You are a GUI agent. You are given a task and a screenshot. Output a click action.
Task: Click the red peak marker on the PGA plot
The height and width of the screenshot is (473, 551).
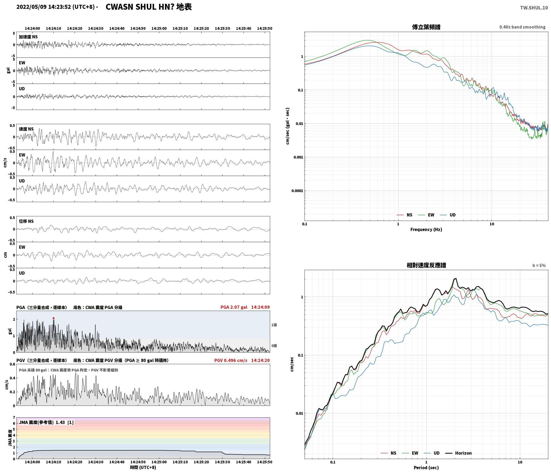coord(53,318)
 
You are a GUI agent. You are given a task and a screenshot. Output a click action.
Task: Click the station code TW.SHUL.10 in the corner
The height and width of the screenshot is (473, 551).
coord(534,8)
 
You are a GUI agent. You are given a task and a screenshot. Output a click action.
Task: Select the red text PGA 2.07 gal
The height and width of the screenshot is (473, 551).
coord(234,307)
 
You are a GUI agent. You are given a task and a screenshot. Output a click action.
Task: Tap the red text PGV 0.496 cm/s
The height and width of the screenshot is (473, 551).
coord(231,360)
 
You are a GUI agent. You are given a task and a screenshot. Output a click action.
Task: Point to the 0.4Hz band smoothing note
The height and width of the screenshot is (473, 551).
coord(522,27)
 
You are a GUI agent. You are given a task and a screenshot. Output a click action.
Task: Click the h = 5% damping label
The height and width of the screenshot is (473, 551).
coord(539,266)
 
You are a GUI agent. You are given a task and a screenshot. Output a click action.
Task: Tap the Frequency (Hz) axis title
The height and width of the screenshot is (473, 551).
coord(426,230)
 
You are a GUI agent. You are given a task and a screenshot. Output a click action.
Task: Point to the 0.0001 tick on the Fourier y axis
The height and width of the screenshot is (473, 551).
coord(297,191)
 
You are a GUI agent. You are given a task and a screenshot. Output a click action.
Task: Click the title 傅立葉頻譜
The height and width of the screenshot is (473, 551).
coord(426,27)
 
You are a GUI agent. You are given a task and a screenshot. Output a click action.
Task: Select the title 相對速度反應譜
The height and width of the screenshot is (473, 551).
coord(426,266)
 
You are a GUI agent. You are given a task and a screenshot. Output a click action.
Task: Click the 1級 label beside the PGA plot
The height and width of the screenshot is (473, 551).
coord(274,325)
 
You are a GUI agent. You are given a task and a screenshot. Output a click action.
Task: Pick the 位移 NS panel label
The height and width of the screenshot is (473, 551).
coord(26,221)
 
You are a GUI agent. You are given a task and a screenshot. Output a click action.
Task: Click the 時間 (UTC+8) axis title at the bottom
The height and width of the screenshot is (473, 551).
coord(143,468)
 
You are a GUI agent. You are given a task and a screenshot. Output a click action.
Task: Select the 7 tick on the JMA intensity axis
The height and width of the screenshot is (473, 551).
coord(14,418)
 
